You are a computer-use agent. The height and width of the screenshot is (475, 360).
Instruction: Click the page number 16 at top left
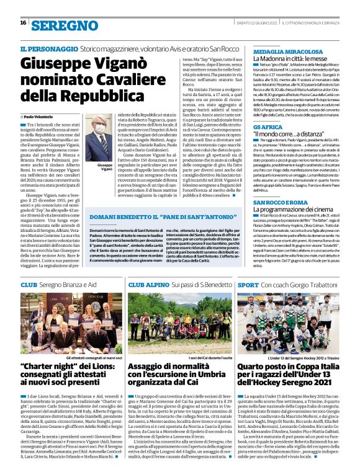pos(23,23)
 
